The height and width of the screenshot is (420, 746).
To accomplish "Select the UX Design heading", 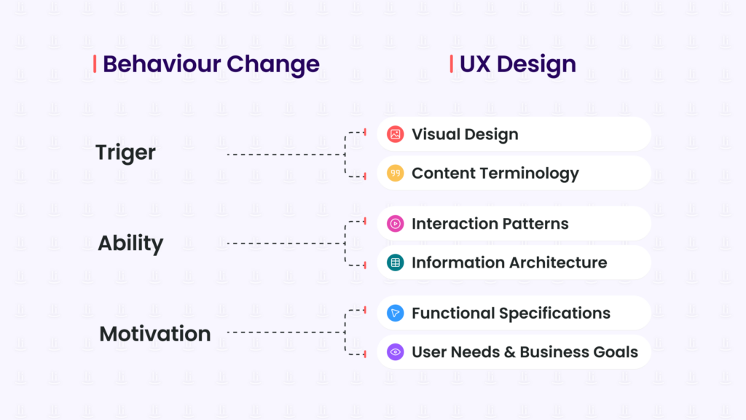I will (x=517, y=64).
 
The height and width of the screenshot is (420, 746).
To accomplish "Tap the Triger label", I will (x=125, y=153).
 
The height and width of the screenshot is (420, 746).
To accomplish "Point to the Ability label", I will (x=130, y=243).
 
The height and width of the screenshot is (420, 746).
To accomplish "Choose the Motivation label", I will (x=155, y=334).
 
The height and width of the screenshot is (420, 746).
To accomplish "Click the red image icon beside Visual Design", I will (x=395, y=134).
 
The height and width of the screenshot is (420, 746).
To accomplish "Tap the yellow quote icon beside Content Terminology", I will (x=395, y=174).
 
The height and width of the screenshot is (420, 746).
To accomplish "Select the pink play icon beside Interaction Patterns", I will (x=395, y=224).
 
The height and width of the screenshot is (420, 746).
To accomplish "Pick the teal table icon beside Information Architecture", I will (x=395, y=262).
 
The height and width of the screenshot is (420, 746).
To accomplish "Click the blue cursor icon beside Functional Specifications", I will (x=395, y=314).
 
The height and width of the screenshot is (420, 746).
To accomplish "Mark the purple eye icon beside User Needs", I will (x=395, y=352).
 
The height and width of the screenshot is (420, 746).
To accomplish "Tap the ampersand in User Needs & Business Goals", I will (x=509, y=352).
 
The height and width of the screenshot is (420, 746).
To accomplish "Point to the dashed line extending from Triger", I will (x=284, y=155).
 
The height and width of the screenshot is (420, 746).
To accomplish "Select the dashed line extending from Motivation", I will (x=284, y=332).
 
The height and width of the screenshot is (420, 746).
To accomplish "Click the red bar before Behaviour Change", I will (x=95, y=64).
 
